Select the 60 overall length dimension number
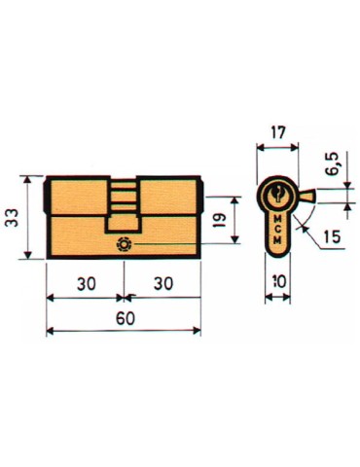click(x=124, y=318)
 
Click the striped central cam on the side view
click(x=123, y=198)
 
